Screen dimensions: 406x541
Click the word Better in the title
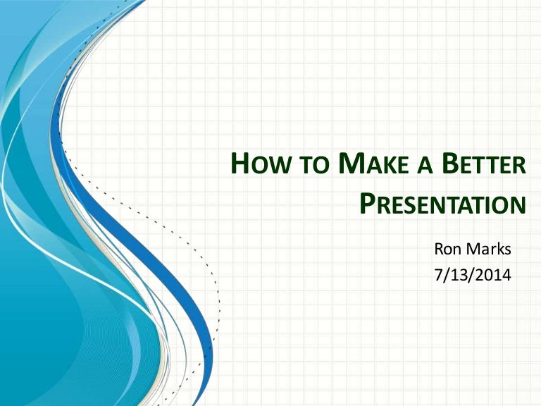pos(488,165)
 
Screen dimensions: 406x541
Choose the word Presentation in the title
pos(442,204)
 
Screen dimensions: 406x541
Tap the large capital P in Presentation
pos(368,203)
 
